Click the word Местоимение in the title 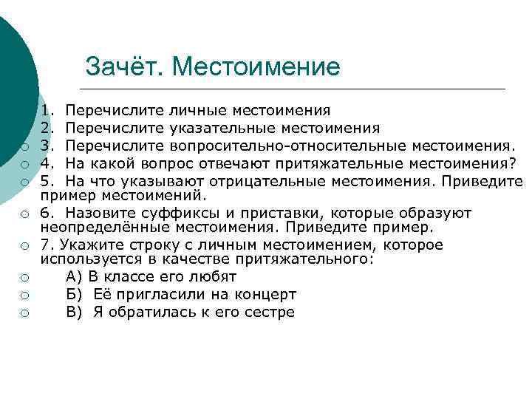tap(256, 67)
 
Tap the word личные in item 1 tap(199, 111)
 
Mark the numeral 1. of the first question tap(48, 111)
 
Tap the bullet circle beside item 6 tap(24, 214)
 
